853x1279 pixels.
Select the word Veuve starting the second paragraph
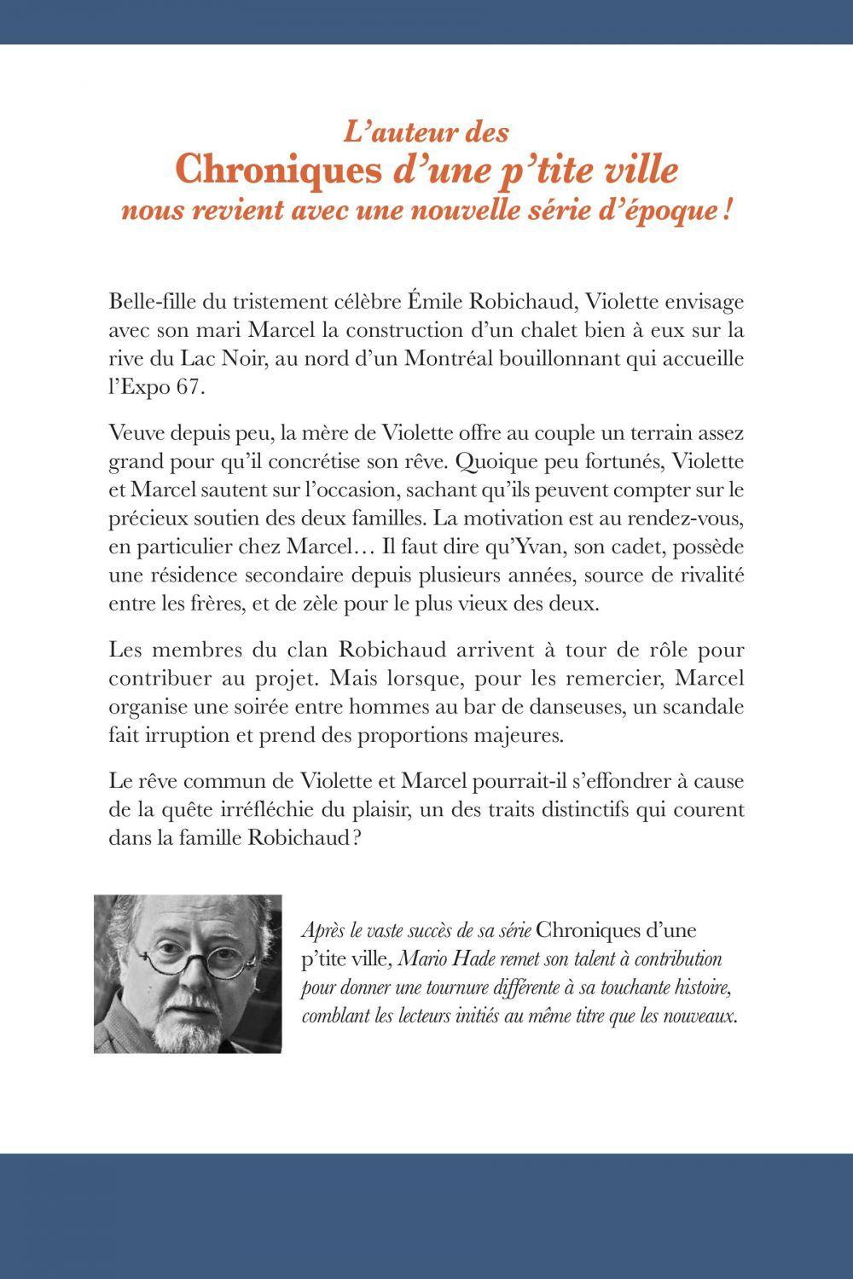(x=135, y=432)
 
